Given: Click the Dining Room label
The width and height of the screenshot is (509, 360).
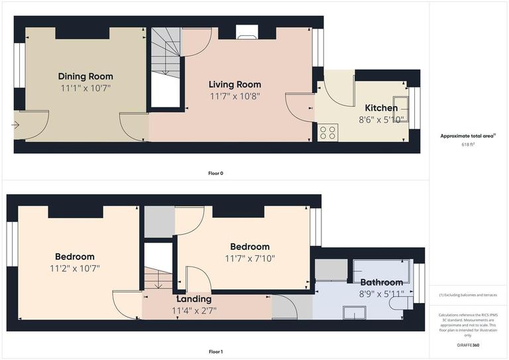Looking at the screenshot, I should coord(85,76).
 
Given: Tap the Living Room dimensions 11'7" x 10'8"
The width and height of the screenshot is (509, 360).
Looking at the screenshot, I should coord(235,95).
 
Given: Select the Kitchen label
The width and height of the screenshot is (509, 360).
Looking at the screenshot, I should coord(382,108).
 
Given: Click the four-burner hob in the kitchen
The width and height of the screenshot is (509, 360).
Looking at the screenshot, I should coord(327,133).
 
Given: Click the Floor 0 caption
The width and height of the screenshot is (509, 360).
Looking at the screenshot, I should coord(216,173).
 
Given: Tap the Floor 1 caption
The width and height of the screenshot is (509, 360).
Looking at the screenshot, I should coord(216,352).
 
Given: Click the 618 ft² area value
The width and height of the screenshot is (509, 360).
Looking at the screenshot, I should coord(469,143).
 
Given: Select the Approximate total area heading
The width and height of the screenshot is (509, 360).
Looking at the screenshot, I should coord(468,135).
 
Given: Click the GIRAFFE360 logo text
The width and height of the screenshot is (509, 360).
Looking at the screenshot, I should coord(469,345).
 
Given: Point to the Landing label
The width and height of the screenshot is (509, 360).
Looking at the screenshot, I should coord(194,299).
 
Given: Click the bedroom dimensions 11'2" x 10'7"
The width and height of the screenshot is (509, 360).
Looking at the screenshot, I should coord(74,269).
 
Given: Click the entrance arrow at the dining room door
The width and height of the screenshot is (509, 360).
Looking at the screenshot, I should coord(15,124).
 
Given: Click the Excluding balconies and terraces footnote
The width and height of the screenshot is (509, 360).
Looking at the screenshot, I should coord(469,295).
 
